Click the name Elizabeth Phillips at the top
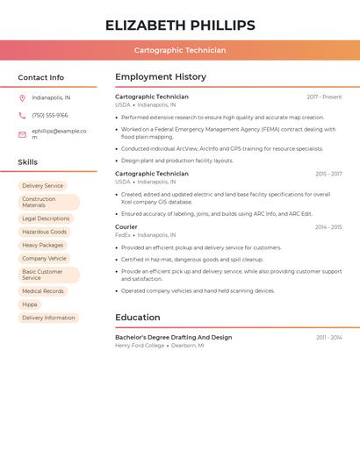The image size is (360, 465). [x=180, y=25]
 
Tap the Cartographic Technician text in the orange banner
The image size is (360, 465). [x=180, y=50]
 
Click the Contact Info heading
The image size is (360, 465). [x=41, y=77]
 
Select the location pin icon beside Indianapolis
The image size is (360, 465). [x=22, y=98]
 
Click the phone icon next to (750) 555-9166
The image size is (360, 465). [x=22, y=116]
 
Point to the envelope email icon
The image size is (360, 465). [x=22, y=134]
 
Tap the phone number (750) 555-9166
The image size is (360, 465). [x=50, y=116]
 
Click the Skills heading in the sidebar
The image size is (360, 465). [x=28, y=162]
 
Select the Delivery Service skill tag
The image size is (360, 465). [x=43, y=186]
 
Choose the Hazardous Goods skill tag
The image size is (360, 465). [x=44, y=232]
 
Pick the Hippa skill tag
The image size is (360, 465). [x=30, y=304]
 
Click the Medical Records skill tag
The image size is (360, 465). [x=43, y=291]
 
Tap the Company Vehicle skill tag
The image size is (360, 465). [x=44, y=259]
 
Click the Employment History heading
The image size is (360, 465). [x=161, y=77]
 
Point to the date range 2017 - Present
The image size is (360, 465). [x=324, y=97]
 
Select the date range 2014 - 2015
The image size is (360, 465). [x=328, y=227]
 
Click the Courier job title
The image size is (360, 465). [x=126, y=227]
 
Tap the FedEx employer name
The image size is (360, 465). [x=123, y=235]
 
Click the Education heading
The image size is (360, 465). [x=138, y=318]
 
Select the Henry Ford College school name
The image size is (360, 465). [x=140, y=346]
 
